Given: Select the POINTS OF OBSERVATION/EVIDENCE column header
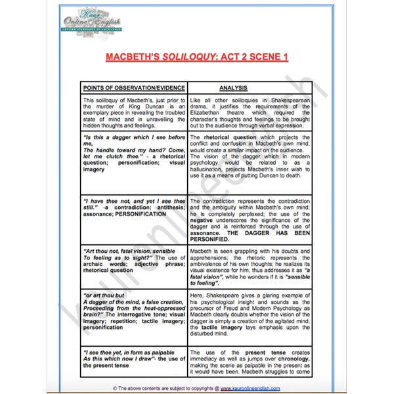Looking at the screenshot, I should (133, 87).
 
